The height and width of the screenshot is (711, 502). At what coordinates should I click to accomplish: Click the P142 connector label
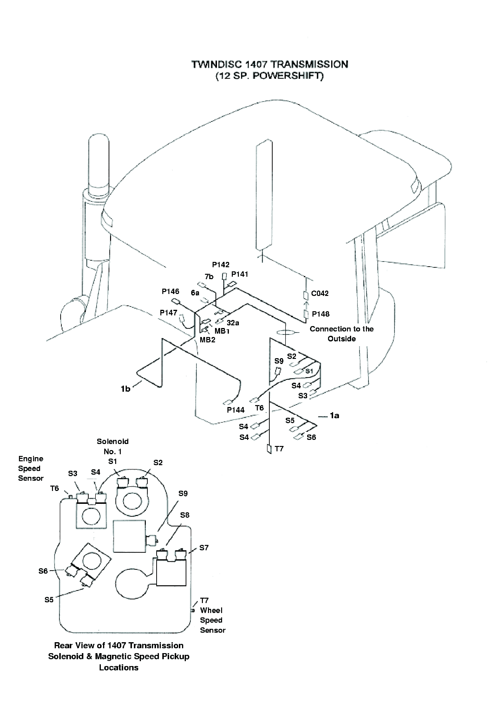tap(221, 265)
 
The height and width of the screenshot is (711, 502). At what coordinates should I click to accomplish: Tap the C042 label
tap(320, 293)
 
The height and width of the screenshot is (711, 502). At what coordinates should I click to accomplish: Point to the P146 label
tap(171, 291)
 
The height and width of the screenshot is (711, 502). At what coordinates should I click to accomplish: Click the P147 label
tap(168, 313)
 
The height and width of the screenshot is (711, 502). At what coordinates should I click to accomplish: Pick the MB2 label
tap(207, 340)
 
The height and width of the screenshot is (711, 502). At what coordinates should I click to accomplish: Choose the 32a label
tap(233, 323)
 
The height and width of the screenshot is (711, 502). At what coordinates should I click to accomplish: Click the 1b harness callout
tap(126, 389)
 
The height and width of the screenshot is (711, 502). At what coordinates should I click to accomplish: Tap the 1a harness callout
tap(335, 416)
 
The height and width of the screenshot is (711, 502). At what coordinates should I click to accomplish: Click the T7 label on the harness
tap(279, 449)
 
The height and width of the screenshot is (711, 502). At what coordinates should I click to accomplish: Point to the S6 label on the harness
tap(311, 437)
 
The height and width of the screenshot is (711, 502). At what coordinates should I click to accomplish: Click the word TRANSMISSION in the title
tap(310, 64)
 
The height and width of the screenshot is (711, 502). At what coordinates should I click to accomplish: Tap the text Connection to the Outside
tap(342, 334)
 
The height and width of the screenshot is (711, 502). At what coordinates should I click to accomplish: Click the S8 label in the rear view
tap(185, 515)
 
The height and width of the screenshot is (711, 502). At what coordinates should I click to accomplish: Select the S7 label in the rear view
tap(204, 548)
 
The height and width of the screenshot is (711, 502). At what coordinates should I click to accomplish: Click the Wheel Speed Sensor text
tap(213, 620)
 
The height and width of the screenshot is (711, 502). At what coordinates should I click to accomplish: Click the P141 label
tap(240, 274)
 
